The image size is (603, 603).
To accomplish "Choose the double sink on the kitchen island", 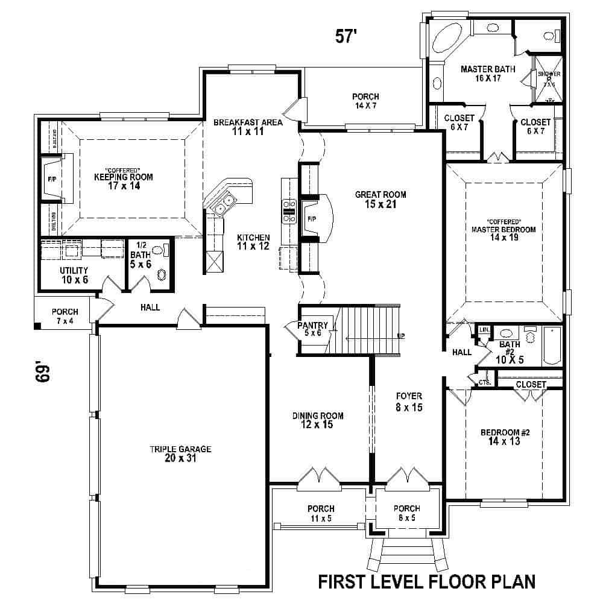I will (224, 206).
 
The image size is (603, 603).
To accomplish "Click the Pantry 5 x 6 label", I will (313, 329).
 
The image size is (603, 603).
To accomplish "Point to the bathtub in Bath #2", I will (552, 346).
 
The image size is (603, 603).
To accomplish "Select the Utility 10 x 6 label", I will (74, 275).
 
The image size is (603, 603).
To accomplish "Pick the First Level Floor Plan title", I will (427, 582).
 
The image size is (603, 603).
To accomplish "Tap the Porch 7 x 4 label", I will (65, 316).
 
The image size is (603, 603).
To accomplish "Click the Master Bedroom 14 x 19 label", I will (504, 233).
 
